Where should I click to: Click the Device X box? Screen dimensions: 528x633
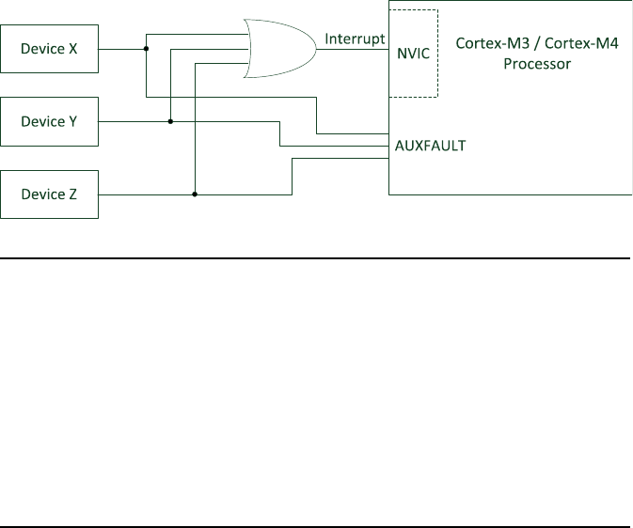tap(49, 48)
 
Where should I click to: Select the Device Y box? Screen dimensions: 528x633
tap(49, 121)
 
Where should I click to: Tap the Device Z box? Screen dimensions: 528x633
tap(49, 194)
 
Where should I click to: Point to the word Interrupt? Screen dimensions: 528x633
tap(355, 39)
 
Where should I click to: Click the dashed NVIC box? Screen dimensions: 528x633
tap(414, 53)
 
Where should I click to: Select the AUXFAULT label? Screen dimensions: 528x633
tap(430, 146)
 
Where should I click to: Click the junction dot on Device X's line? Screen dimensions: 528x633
tap(146, 48)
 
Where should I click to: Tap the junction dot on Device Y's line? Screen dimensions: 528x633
tap(170, 121)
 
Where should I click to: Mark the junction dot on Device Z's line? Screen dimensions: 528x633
tap(195, 194)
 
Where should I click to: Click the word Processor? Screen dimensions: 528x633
tap(537, 65)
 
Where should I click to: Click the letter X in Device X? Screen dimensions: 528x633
tap(72, 48)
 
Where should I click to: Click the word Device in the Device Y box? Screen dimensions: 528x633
tap(42, 121)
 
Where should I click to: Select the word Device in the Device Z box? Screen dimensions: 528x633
tap(42, 194)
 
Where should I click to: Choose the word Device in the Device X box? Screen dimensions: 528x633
tap(42, 48)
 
